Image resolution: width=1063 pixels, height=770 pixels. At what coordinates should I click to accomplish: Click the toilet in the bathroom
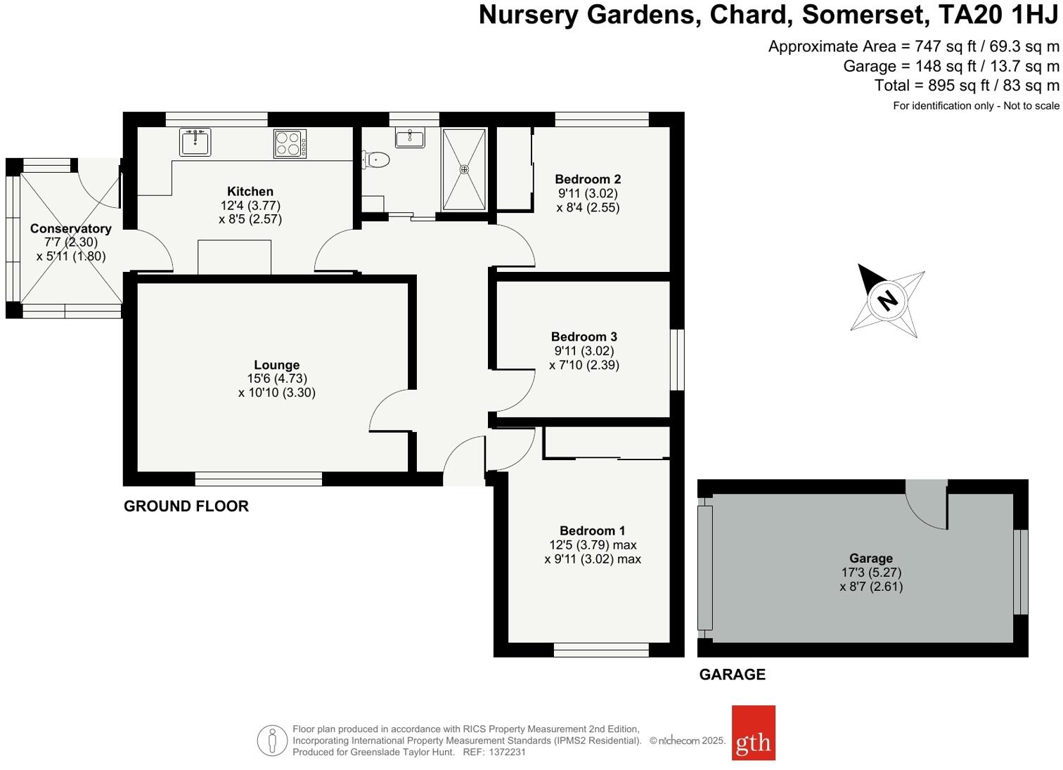tap(377, 160)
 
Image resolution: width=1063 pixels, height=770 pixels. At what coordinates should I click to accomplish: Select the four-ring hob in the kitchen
tap(290, 143)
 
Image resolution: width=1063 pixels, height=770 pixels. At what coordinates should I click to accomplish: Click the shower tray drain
tap(464, 169)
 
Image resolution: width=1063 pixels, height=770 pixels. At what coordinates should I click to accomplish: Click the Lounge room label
tap(277, 365)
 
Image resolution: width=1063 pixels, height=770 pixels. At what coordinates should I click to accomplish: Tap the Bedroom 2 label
tap(588, 179)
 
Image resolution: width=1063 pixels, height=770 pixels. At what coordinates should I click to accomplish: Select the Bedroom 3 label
tap(584, 337)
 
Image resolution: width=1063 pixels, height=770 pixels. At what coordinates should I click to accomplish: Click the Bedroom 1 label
tap(592, 530)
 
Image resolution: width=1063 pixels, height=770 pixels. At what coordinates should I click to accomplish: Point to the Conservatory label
tap(70, 228)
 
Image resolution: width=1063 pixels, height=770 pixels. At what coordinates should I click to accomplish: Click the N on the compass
tap(888, 300)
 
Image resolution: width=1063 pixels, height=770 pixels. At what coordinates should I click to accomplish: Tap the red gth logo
tap(753, 733)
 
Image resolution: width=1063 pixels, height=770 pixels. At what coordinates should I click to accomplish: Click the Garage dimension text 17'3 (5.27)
tap(870, 573)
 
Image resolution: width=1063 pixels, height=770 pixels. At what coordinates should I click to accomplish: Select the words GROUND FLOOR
tap(186, 506)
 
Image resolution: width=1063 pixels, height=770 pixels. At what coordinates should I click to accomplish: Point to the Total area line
tap(966, 86)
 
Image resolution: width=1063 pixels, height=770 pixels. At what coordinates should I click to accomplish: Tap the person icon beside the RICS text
tap(271, 740)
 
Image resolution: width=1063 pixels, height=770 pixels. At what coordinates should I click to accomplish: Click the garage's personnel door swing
tap(927, 505)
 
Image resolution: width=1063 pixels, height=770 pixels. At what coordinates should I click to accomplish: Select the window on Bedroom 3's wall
tap(676, 359)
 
